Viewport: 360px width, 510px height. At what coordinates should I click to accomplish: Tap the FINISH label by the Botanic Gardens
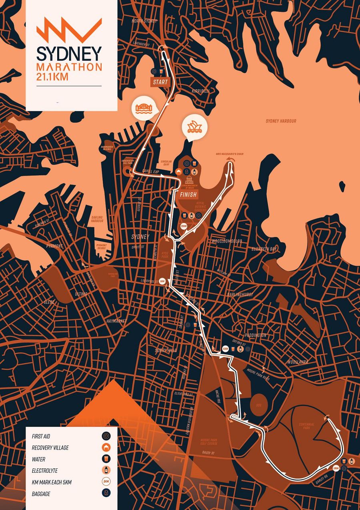coord(188,195)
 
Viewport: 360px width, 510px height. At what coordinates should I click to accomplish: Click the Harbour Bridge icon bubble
coord(142,108)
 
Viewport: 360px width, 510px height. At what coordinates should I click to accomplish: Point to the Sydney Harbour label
coord(281,121)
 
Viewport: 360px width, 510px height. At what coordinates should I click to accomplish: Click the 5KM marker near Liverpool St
coord(162,281)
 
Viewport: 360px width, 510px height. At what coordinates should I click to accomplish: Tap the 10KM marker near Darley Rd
coord(336,468)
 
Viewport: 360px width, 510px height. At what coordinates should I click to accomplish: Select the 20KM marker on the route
coord(184,226)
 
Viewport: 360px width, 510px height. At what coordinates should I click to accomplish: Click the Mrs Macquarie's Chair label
coord(230,154)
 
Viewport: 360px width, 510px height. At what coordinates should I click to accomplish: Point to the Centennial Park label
coord(306,426)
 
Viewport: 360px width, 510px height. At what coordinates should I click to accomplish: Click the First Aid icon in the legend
coord(106,436)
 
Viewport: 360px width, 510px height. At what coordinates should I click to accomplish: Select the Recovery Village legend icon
coord(106,448)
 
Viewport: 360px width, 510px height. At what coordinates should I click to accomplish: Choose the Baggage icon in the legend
coord(106,494)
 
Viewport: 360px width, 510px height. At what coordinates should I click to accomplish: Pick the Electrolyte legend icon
coord(106,470)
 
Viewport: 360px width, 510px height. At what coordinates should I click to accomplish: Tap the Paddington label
coord(254,335)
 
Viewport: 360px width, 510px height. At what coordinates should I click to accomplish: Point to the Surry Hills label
coord(166,351)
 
